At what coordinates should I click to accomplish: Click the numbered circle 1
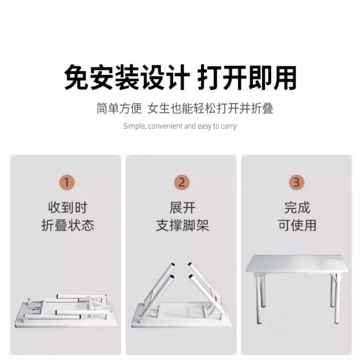67,182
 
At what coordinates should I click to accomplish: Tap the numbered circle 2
181,182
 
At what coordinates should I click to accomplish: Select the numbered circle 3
297,182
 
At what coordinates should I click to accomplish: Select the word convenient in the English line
166,126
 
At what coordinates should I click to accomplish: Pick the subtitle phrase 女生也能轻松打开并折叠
211,108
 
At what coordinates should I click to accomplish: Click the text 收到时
67,208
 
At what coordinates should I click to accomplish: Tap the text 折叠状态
67,225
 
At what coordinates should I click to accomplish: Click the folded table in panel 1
66,311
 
